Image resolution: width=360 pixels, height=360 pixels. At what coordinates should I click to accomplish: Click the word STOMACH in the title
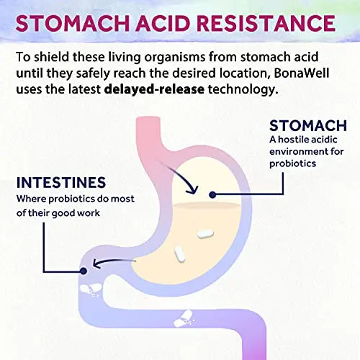73,23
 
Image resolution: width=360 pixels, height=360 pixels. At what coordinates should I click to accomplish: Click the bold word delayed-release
154,89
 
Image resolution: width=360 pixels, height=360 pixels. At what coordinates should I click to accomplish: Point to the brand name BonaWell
301,73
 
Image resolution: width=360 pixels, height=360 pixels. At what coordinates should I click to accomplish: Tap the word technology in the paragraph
243,90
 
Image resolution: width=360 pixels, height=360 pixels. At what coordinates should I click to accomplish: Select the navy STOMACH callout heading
308,125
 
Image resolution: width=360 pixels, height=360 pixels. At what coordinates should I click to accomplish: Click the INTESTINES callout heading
61,182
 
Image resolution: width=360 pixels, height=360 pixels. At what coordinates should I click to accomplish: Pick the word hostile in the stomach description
292,140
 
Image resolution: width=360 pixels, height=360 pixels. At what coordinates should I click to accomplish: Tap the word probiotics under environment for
292,164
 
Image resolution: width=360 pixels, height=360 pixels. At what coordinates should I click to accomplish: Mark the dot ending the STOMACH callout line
212,194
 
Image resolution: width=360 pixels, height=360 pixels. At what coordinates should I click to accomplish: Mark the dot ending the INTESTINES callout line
84,271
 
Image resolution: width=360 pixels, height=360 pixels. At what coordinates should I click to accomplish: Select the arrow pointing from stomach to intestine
113,262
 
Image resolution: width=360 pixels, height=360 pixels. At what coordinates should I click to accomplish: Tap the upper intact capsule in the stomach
205,234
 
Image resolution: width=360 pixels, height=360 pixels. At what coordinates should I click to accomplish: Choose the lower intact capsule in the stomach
180,254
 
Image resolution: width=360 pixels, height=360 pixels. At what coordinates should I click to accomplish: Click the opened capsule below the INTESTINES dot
91,289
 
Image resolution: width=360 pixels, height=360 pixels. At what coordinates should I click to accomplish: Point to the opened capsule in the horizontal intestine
184,319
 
